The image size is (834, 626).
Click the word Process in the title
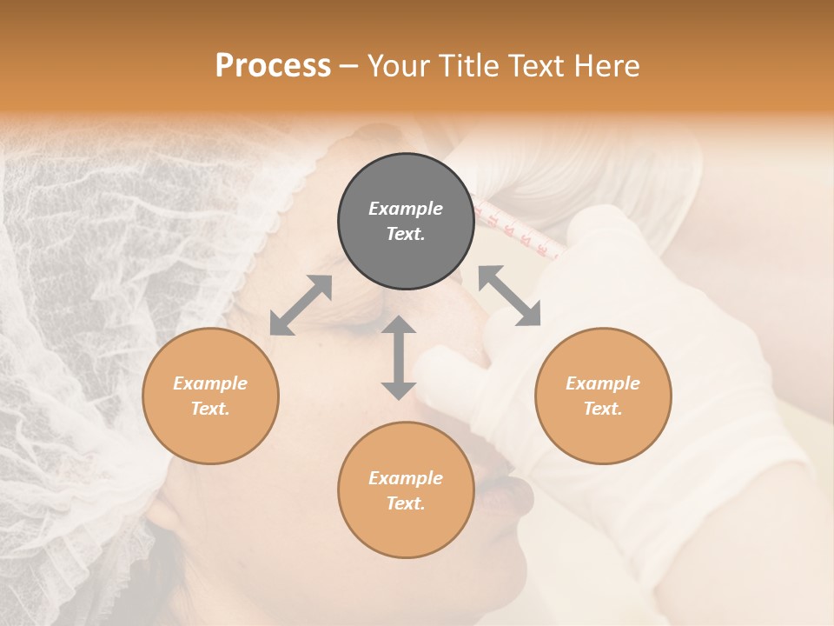click(273, 66)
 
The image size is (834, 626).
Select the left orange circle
click(210, 396)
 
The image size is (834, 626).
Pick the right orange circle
click(603, 396)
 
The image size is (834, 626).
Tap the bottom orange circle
click(406, 489)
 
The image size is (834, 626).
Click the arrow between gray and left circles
click(301, 305)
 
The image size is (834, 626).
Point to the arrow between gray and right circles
click(509, 296)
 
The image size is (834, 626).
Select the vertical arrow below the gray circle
click(399, 357)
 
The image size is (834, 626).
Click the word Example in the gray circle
click(406, 209)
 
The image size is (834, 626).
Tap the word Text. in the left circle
click(210, 409)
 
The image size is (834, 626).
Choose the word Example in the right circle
click(603, 383)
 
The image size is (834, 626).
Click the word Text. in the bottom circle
click(406, 503)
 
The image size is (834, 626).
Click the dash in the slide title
click(348, 66)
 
